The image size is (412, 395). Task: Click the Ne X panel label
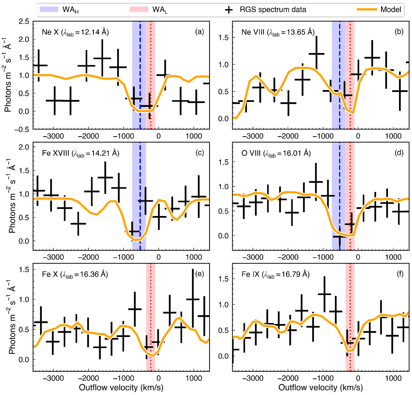(76, 32)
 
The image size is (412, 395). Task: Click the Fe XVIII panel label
(81, 154)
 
